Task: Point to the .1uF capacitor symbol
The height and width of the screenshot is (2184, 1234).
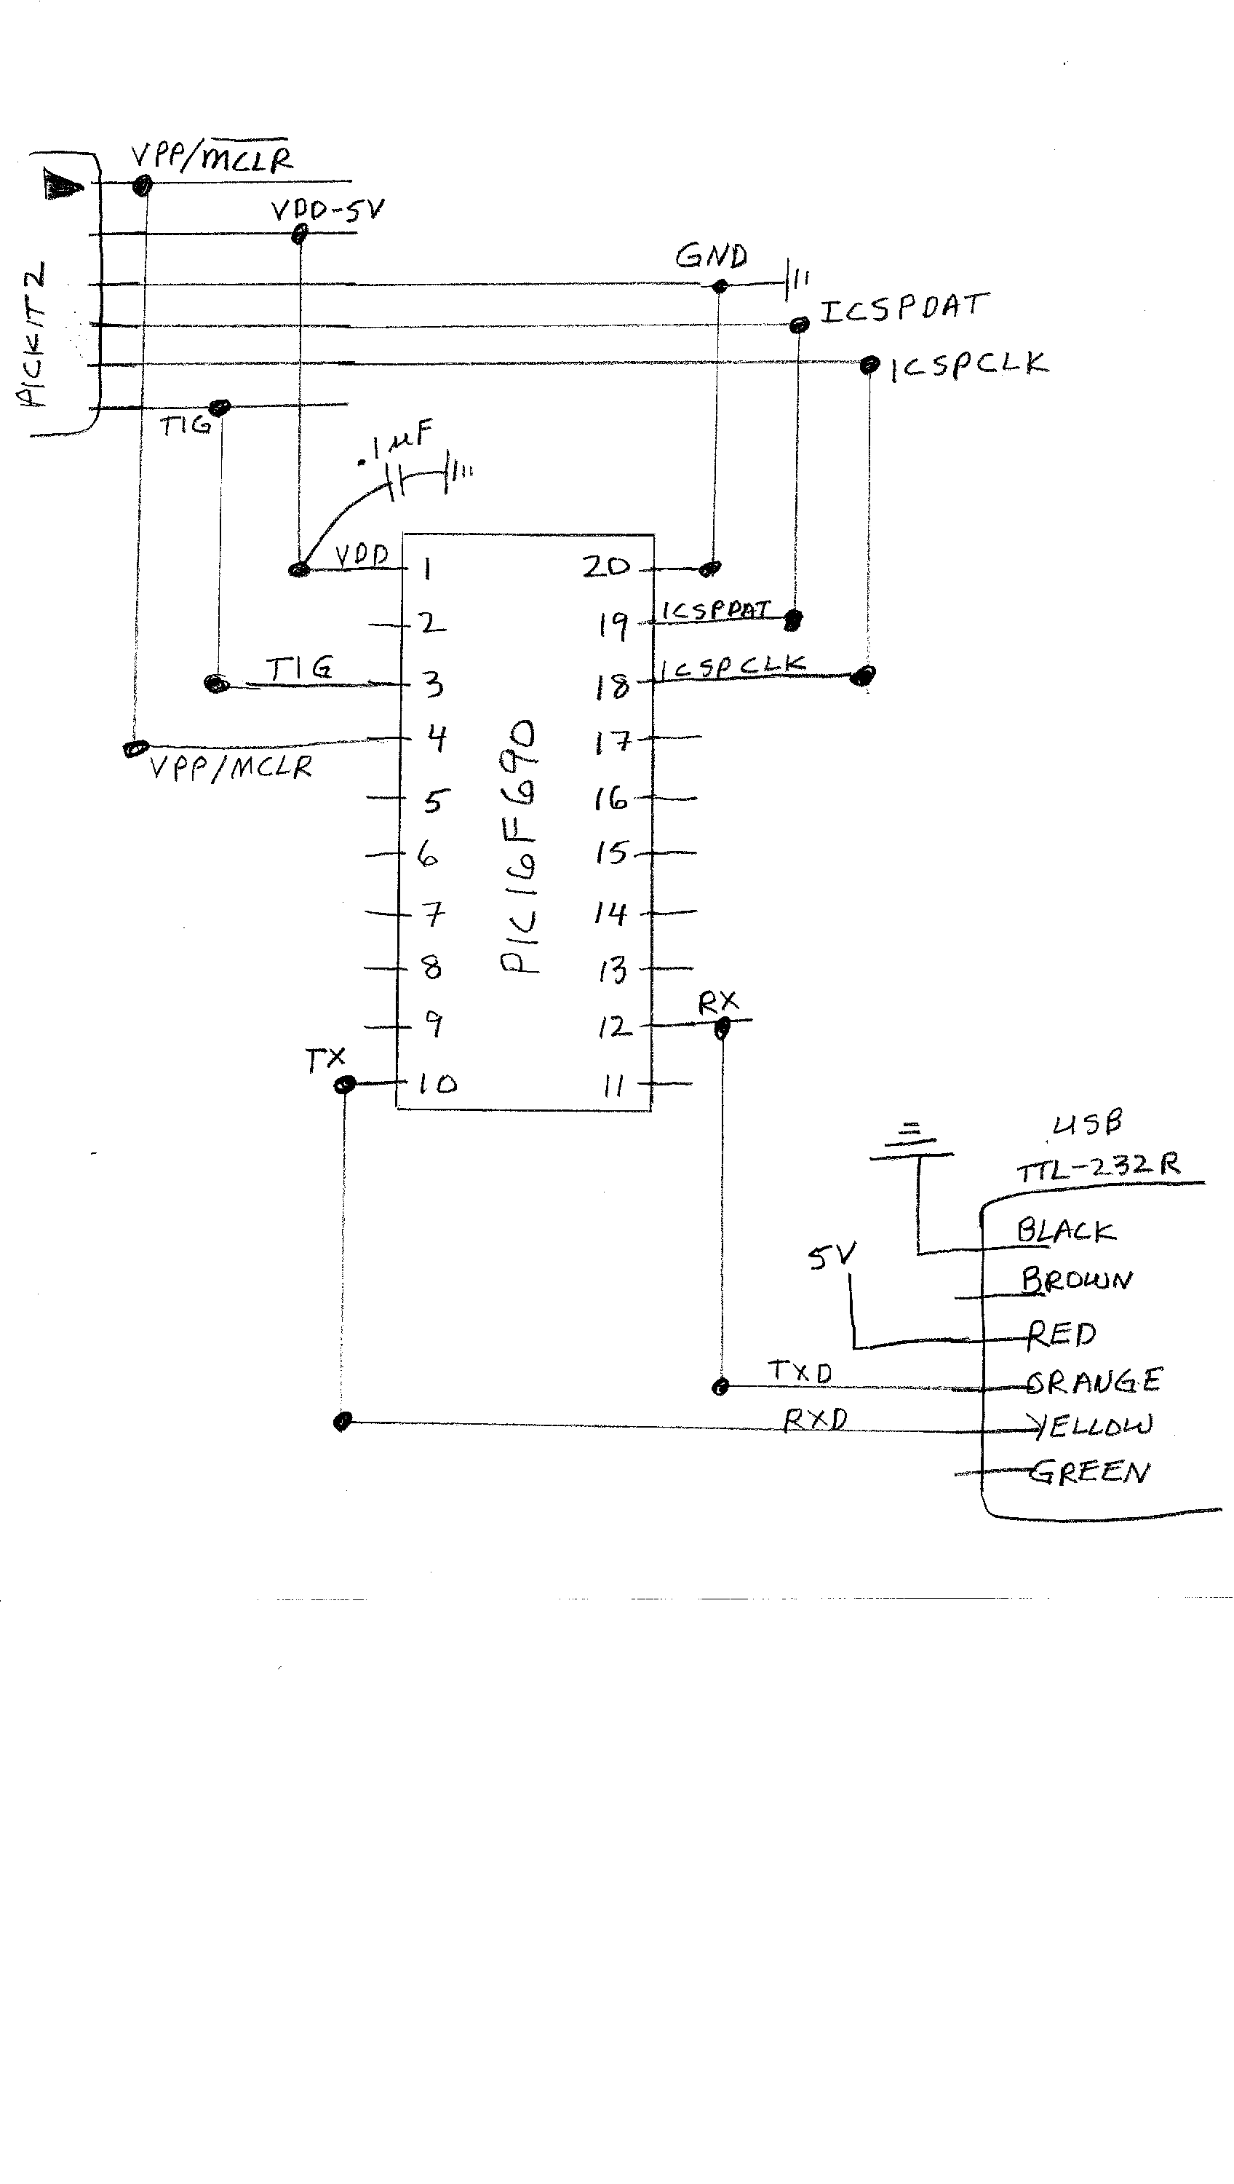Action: tap(397, 481)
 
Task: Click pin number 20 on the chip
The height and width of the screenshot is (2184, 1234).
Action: tap(606, 567)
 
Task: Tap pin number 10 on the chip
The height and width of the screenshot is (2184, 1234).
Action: tap(437, 1083)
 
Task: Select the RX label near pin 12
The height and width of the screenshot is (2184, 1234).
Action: tap(718, 1004)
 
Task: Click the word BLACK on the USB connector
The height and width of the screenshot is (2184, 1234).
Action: tap(1066, 1231)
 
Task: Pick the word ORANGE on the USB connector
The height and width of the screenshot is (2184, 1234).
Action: tap(1094, 1381)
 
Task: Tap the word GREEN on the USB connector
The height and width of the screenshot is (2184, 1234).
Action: tap(1090, 1473)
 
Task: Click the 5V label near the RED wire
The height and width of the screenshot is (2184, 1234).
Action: tap(832, 1257)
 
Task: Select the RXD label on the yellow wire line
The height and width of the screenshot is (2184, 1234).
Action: tap(816, 1420)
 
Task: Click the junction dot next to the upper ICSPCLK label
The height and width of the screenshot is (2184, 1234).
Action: tap(869, 365)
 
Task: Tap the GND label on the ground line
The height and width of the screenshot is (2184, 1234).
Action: tap(711, 256)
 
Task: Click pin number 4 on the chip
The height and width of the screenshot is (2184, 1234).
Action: tap(437, 738)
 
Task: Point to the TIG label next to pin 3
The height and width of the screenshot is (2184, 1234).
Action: tap(299, 669)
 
